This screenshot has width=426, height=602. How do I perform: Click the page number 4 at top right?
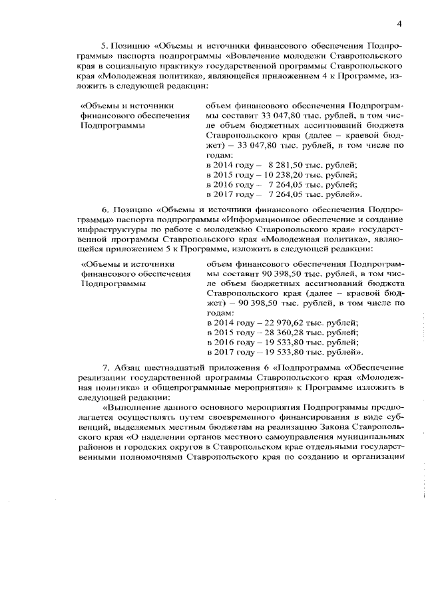[399, 24]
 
